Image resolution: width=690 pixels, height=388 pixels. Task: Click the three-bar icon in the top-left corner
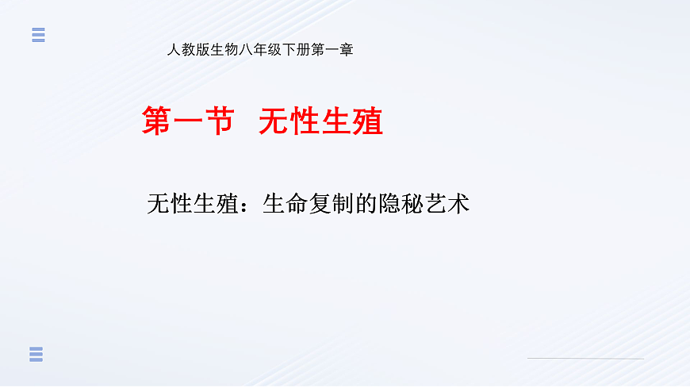coord(38,35)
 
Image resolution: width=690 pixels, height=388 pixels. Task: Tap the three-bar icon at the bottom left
coord(36,355)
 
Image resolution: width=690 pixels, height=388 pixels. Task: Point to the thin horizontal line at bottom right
coord(585,359)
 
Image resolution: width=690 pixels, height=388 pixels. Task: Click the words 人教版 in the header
coord(183,50)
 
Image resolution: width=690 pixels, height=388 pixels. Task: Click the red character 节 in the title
coord(218,122)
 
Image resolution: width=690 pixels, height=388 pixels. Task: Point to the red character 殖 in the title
coord(368,122)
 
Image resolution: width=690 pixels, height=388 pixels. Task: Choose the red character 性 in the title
coord(305,122)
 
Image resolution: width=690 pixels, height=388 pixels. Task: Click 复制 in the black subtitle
coord(331,204)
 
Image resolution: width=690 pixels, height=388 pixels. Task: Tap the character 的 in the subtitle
coord(366,204)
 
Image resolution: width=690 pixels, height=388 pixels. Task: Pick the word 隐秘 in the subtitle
coord(401,204)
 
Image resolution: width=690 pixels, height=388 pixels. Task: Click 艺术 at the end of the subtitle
coord(447,204)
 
